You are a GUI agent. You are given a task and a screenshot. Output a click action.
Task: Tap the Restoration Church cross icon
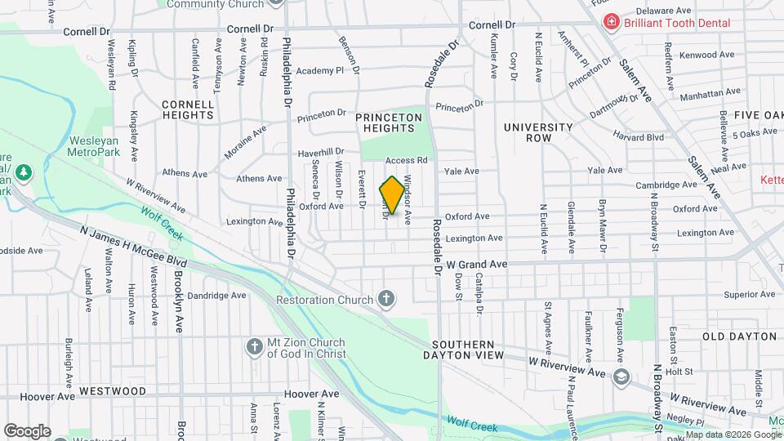[387, 300]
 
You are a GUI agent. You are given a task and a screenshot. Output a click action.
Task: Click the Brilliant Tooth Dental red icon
[609, 23]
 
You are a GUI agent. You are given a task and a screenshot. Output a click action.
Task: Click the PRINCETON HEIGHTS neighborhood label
[389, 122]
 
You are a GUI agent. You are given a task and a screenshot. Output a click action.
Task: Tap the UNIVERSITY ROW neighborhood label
[538, 132]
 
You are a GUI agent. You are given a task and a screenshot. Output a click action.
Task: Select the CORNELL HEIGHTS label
[188, 109]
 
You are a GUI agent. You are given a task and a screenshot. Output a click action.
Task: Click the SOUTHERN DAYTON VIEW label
[464, 350]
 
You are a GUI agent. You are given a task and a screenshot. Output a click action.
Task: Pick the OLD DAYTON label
[739, 336]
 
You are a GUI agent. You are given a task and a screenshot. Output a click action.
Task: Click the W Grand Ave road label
[477, 265]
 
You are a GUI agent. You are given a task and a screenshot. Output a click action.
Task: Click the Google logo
[27, 430]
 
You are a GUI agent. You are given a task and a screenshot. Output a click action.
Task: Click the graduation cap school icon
[621, 376]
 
